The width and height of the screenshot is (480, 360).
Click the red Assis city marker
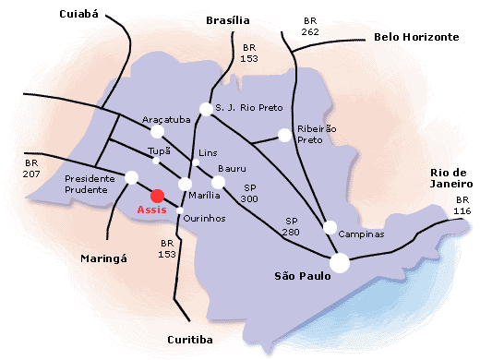click(x=158, y=195)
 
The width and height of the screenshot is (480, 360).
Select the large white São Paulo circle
click(x=340, y=263)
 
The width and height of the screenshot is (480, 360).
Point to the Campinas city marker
click(x=330, y=227)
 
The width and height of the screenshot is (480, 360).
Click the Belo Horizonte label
click(x=415, y=37)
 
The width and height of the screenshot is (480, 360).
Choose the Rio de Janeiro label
click(x=451, y=177)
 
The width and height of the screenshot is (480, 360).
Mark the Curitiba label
click(x=190, y=340)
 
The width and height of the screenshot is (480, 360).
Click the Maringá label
click(x=102, y=258)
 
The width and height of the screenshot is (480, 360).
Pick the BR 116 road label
click(x=462, y=206)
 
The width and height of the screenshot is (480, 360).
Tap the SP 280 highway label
click(x=293, y=226)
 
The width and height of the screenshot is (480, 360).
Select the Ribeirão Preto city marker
click(x=284, y=136)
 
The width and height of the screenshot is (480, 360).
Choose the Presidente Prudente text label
click(x=90, y=185)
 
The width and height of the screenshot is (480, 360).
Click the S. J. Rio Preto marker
click(x=206, y=108)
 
